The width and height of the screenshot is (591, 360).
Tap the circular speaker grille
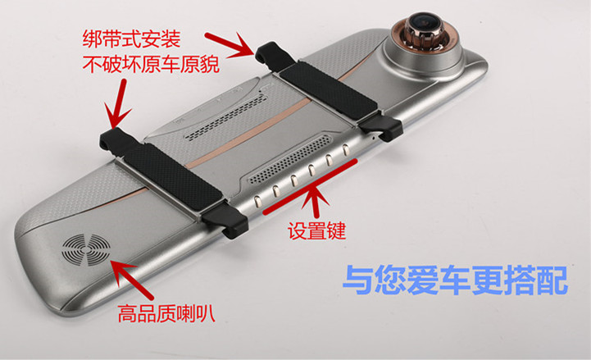coord(86,249)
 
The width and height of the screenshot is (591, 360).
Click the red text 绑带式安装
coord(131,39)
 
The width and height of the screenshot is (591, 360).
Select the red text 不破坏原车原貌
coord(151,64)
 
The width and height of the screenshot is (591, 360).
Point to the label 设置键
coord(316,230)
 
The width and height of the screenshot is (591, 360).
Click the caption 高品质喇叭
coord(166,313)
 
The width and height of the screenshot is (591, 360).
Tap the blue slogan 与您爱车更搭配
coord(455,280)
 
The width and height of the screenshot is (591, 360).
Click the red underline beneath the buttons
coord(310,187)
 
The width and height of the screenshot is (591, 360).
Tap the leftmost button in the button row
coord(257,202)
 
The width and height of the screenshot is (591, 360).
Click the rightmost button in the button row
coord(345,150)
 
